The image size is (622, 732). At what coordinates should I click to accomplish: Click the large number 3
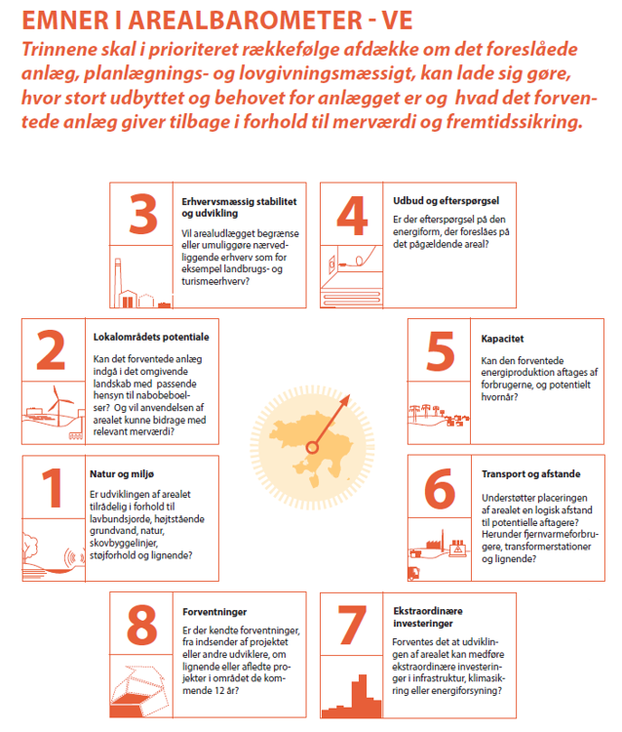pos(143,214)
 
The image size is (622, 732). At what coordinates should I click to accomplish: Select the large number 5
pos(441,351)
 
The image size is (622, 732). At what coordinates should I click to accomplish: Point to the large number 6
pos(441,485)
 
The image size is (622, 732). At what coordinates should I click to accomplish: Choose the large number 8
pos(143,625)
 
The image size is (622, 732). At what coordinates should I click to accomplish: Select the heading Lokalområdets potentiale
pos(151,336)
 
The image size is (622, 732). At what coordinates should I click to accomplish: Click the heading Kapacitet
pos(503,340)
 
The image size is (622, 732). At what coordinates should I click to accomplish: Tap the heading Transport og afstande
pos(531,474)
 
